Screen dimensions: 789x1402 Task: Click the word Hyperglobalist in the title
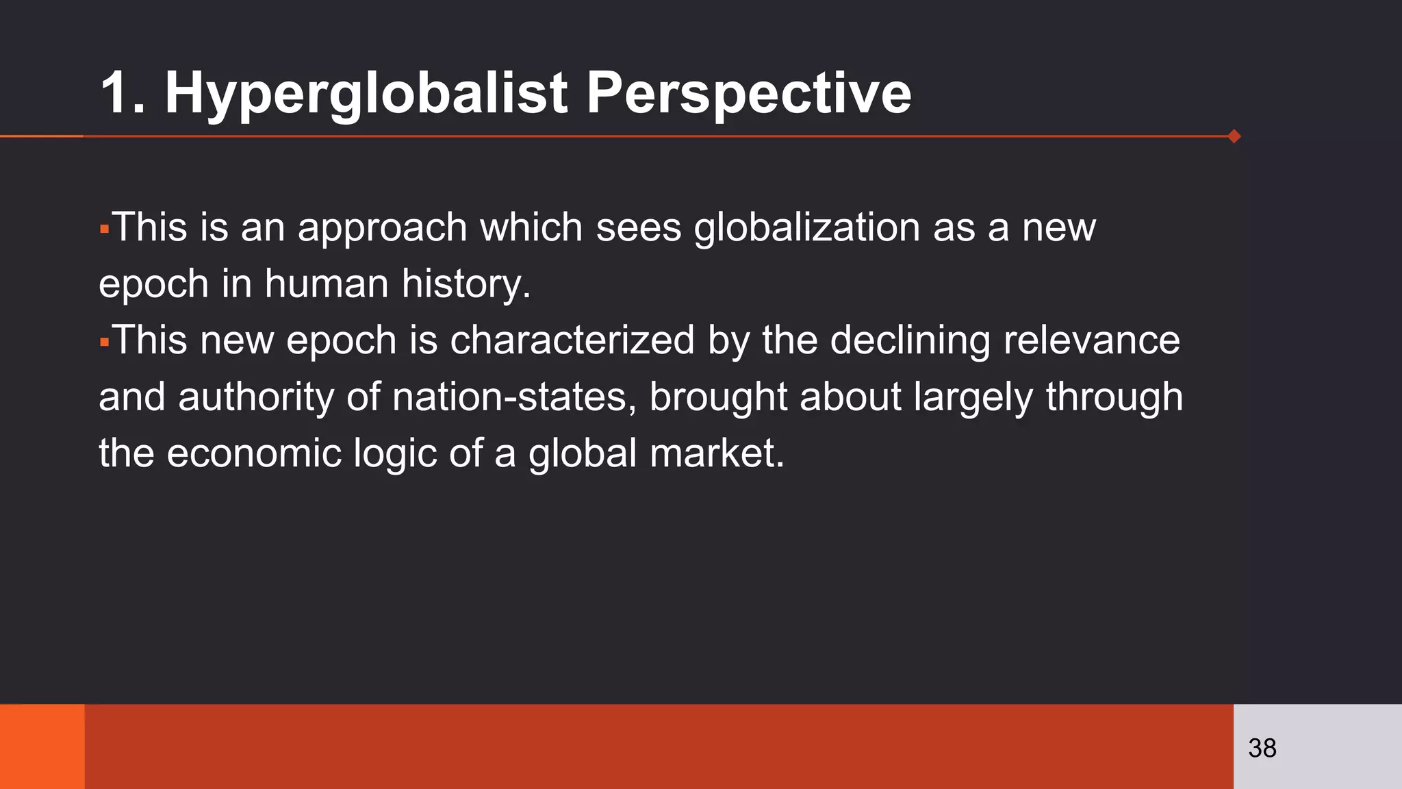coord(366,94)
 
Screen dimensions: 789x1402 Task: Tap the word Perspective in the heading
coord(748,94)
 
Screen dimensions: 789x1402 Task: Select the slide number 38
coord(1262,748)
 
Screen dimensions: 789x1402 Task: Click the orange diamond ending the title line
coord(1234,136)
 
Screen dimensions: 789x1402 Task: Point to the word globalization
coord(806,227)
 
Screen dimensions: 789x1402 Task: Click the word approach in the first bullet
coord(382,229)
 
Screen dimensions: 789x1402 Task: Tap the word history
coord(466,284)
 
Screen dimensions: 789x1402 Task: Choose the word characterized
coord(572,340)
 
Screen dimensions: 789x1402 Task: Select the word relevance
coord(1091,340)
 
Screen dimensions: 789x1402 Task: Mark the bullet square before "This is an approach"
coord(104,228)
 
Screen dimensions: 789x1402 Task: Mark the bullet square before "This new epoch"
coord(104,341)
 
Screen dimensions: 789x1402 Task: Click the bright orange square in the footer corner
coord(42,747)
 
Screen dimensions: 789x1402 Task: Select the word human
coord(327,284)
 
